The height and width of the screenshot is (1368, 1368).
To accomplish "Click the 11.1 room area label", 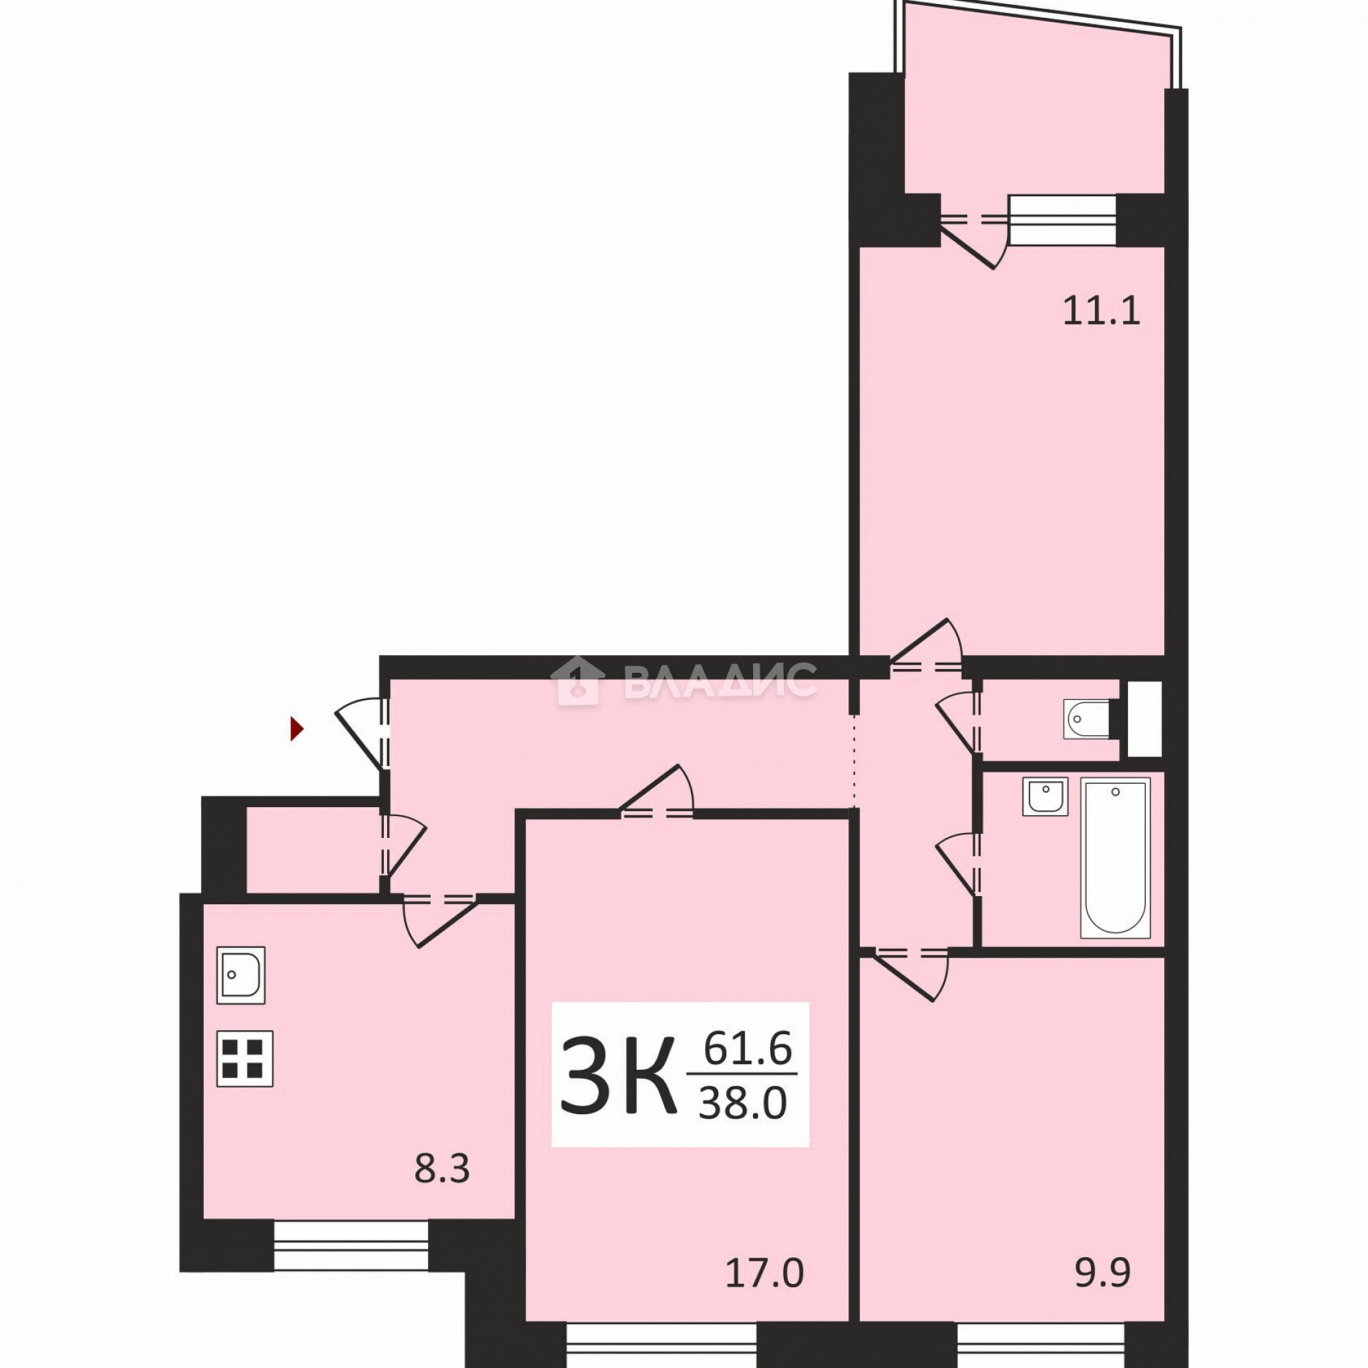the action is tap(1102, 311).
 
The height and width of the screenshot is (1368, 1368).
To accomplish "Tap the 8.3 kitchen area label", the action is tap(442, 1169).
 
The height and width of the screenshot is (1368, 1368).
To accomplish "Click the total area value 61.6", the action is tap(748, 1049).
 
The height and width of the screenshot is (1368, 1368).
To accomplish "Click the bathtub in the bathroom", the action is tap(1115, 858).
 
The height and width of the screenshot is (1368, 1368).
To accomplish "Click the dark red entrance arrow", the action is tap(298, 728).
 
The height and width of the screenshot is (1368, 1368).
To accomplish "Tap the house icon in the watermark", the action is tap(577, 681).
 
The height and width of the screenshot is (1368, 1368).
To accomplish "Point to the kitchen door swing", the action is tap(440, 920).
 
